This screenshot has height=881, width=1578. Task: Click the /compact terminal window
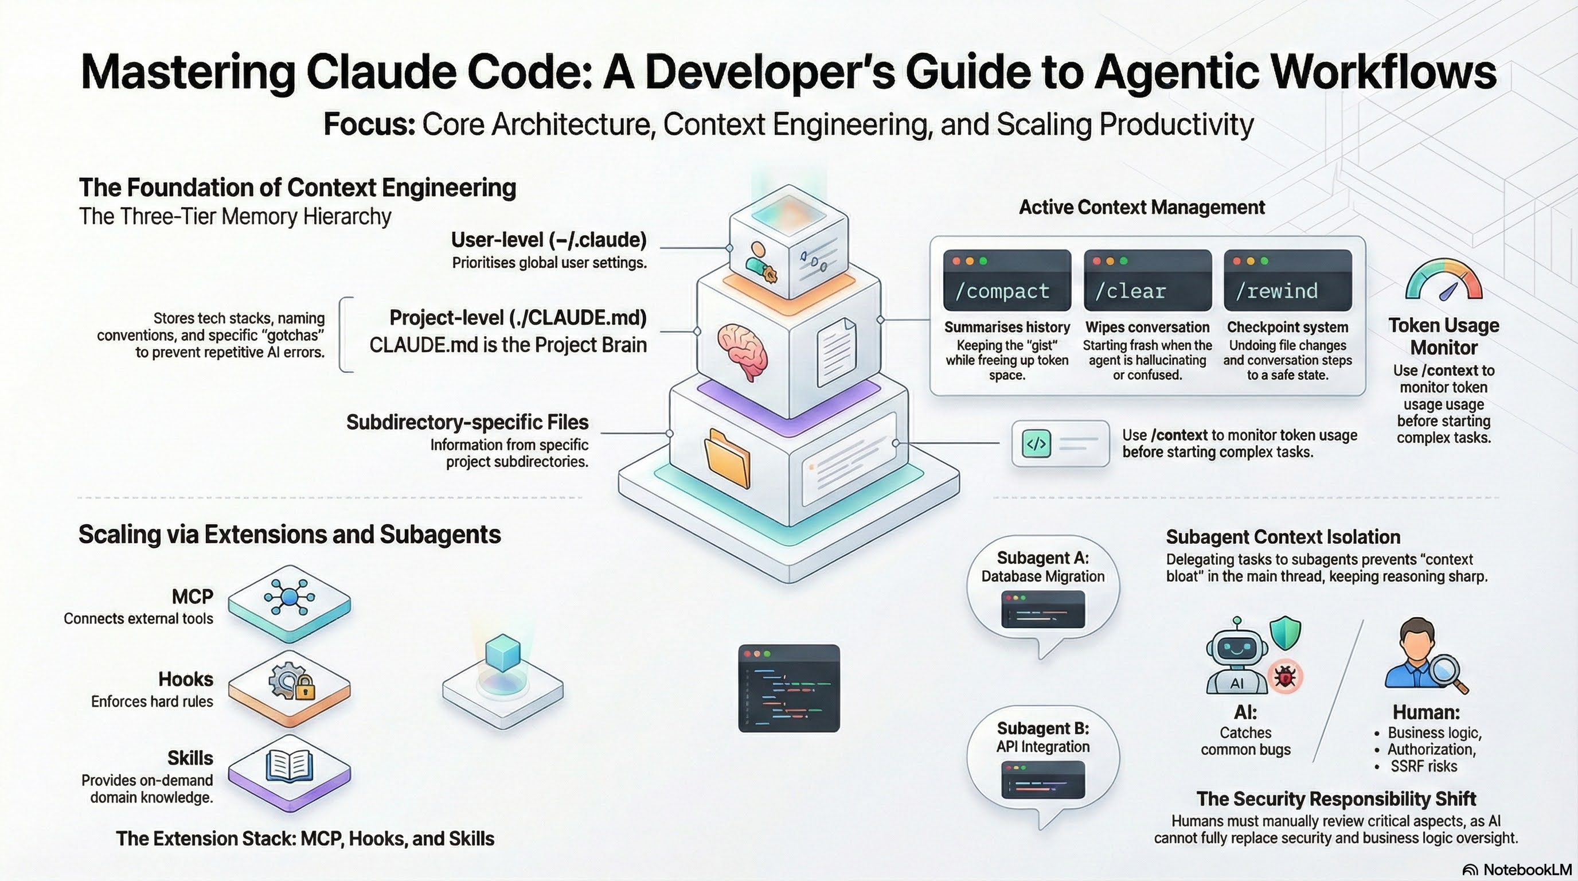coord(1007,280)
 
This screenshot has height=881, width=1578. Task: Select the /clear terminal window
coord(1147,280)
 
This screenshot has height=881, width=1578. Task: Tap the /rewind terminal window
coord(1288,280)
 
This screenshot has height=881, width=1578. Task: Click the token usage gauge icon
coord(1444,280)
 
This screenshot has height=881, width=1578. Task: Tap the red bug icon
coord(1284,677)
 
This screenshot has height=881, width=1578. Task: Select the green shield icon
coord(1284,633)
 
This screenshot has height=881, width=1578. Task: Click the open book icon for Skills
coord(289,766)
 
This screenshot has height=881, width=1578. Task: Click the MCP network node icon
coord(289,597)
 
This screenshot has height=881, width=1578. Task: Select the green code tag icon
coord(1037,444)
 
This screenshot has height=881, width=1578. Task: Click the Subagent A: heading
coord(1042,558)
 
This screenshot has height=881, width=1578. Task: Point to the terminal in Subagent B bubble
coord(1042,779)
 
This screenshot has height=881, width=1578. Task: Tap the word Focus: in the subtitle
coord(369,124)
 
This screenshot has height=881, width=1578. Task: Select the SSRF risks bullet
coord(1423,766)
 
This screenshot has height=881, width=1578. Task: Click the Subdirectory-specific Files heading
coord(467,422)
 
